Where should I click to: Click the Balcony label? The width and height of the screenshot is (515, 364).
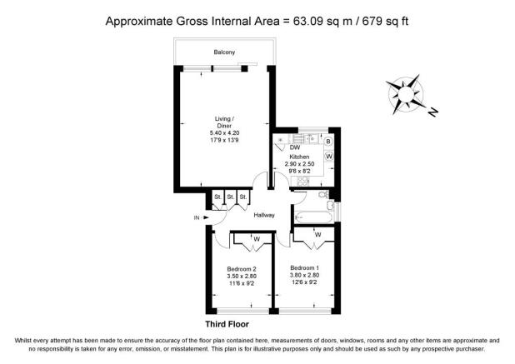[223, 52]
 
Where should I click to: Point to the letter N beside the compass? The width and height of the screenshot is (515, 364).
[434, 110]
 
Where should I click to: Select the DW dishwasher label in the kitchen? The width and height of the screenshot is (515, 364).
[295, 147]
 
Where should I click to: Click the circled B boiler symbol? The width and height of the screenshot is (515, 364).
[328, 142]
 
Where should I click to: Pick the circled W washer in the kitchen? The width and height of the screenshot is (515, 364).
[328, 156]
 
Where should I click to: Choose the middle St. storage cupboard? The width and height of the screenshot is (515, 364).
[230, 197]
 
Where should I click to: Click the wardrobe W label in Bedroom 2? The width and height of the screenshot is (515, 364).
[256, 240]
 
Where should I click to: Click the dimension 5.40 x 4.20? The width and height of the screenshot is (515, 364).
[223, 133]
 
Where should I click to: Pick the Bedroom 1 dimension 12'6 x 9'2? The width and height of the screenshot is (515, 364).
[305, 283]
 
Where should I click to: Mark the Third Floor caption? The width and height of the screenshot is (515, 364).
[227, 323]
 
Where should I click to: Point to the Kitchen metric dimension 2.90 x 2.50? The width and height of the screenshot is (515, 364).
[299, 165]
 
